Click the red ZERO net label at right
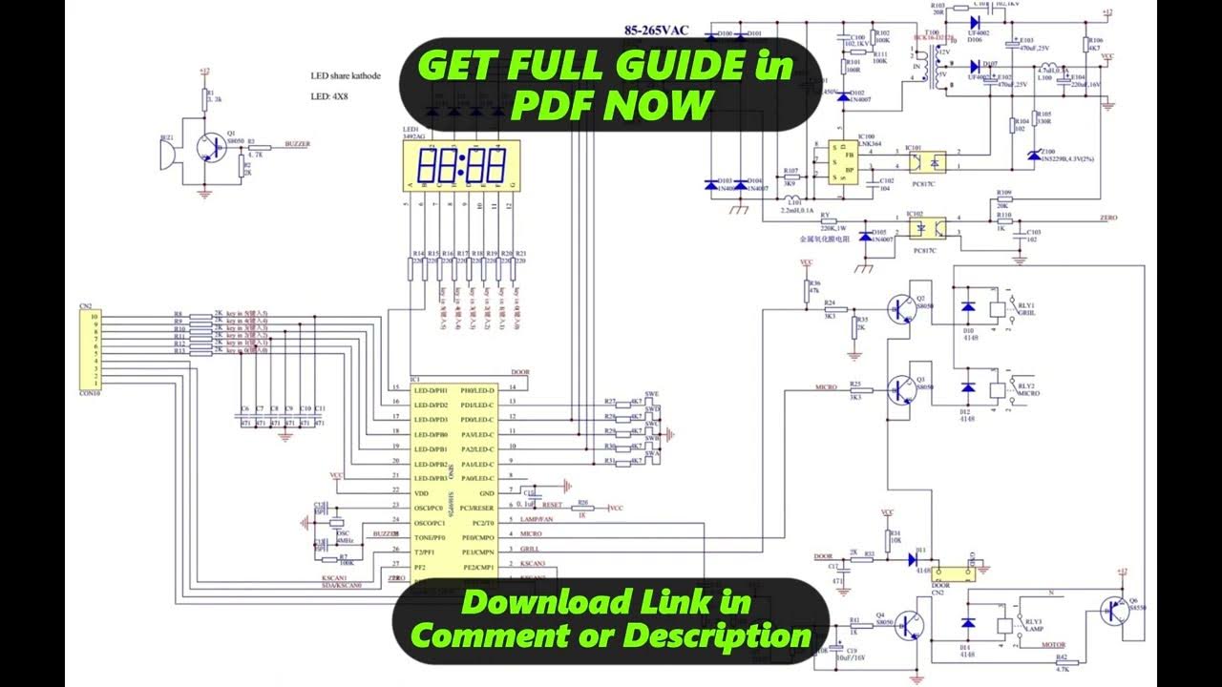click(1107, 219)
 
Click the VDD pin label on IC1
click(421, 493)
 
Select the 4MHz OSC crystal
click(335, 523)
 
